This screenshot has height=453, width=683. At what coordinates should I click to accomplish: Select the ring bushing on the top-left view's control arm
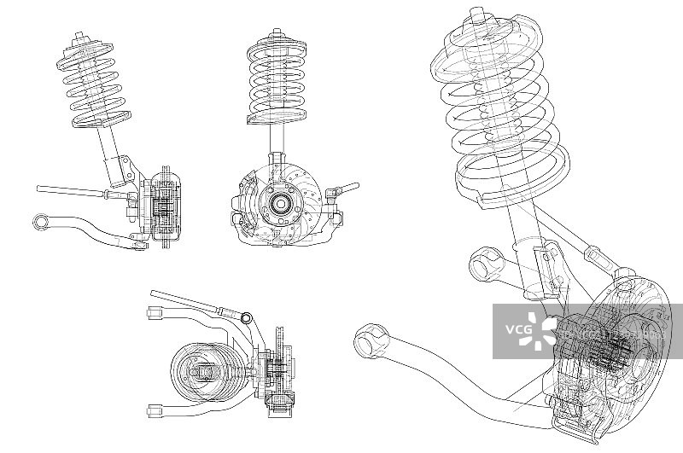[41, 222]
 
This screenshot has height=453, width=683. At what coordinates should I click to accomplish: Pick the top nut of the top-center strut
[275, 36]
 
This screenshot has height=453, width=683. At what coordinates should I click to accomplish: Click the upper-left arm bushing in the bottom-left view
[154, 313]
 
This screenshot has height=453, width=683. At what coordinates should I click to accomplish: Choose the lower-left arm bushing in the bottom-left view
[154, 409]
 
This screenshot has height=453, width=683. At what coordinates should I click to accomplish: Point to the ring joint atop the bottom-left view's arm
[247, 318]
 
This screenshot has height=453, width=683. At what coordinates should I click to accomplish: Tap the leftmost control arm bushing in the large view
[369, 341]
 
